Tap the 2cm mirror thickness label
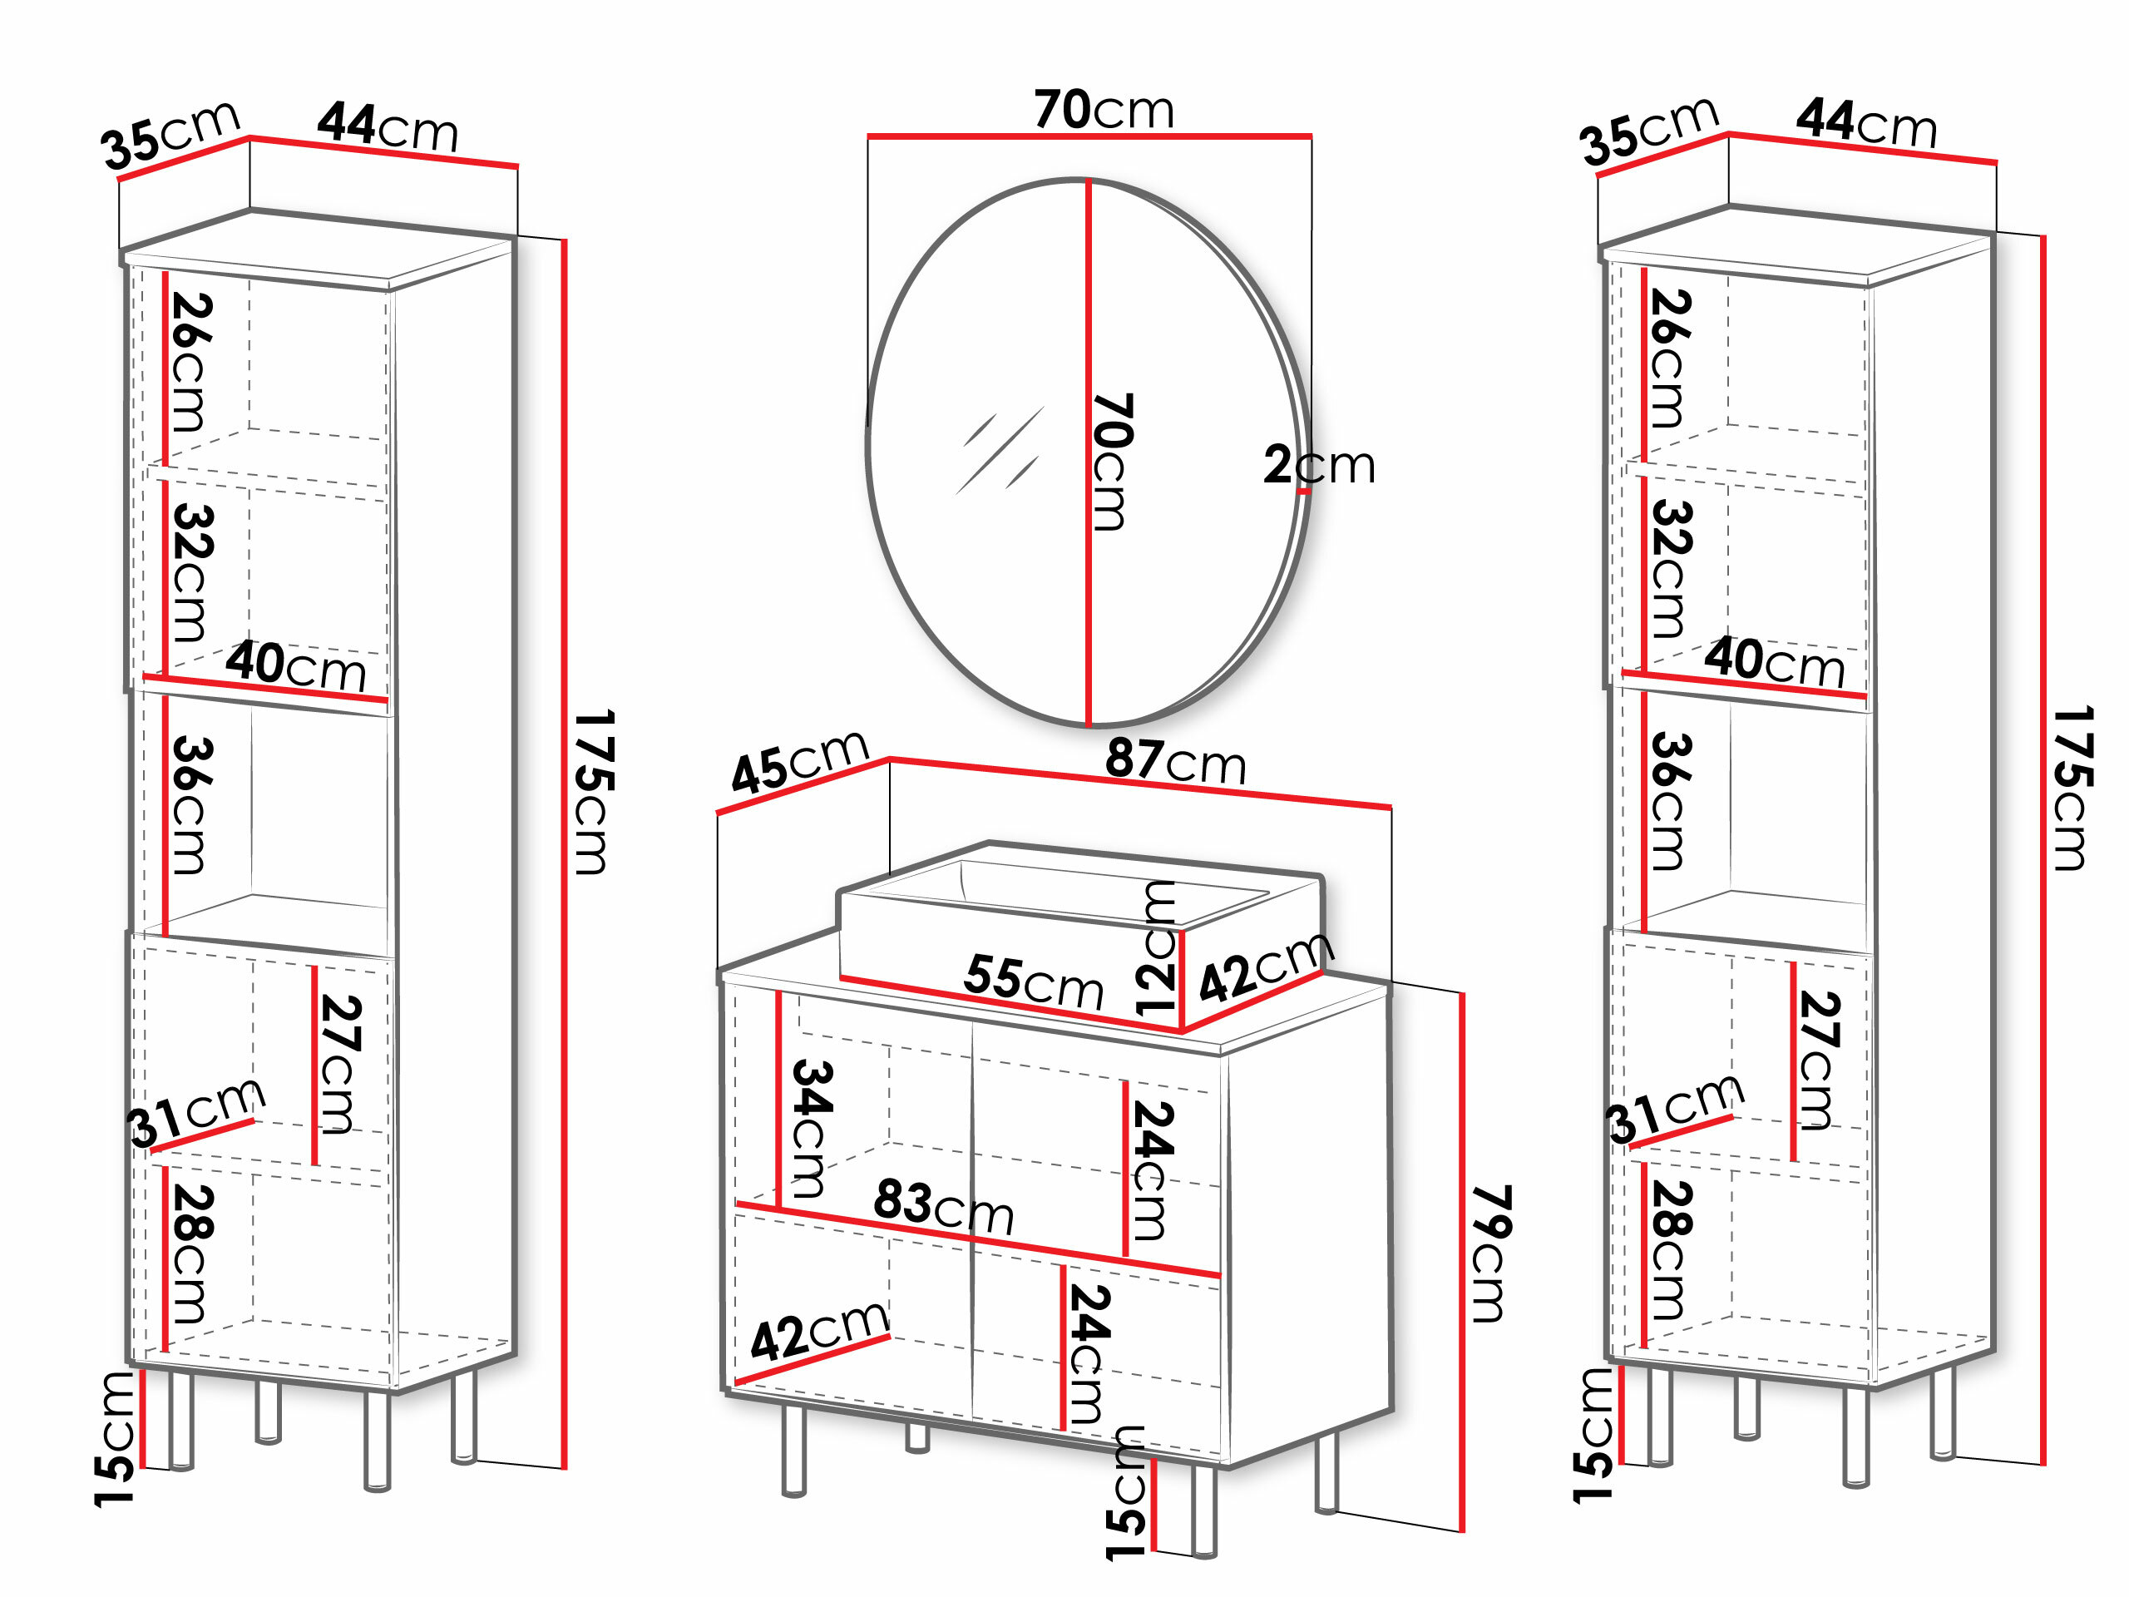[1319, 465]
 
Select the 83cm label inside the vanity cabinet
[943, 1206]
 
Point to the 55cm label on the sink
[1033, 981]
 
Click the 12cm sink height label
[1155, 948]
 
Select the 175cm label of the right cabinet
[2072, 788]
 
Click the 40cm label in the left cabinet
[296, 665]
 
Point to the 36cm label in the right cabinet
[1671, 801]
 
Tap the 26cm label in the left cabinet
[190, 362]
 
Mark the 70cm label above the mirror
[1104, 109]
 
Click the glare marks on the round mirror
[999, 451]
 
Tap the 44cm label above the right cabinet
[1866, 122]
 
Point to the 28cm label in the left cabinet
[190, 1253]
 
